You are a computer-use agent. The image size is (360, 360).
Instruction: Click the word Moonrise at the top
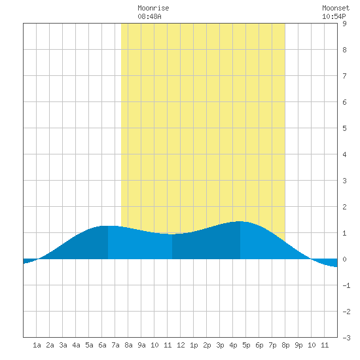pos(153,8)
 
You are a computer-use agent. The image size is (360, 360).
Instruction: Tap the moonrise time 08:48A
pos(149,16)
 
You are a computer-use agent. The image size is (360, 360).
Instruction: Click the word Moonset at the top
pos(336,8)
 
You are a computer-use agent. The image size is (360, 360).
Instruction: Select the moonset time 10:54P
pos(334,16)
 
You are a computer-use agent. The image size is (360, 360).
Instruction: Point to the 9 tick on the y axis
pos(344,24)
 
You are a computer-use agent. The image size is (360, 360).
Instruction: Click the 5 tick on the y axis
pos(344,128)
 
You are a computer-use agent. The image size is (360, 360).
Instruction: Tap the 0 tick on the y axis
pos(344,259)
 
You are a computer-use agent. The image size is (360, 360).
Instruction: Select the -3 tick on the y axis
pos(346,338)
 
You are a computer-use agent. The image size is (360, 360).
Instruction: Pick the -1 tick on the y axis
pos(346,285)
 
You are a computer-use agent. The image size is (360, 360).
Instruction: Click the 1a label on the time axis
pos(37,345)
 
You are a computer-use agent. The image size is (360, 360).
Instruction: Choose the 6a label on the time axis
pos(102,345)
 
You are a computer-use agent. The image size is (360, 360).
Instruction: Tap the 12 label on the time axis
pos(181,345)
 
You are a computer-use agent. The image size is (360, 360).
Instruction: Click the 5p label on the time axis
pos(246,345)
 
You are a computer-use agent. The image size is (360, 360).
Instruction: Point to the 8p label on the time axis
pos(285,345)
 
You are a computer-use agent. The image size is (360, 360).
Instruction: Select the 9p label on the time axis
pos(298,345)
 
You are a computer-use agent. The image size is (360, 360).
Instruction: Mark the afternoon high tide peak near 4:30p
pos(240,221)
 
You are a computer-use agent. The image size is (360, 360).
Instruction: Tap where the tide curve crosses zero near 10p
pos(311,259)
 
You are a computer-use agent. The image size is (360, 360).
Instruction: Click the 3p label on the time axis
pos(220,345)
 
